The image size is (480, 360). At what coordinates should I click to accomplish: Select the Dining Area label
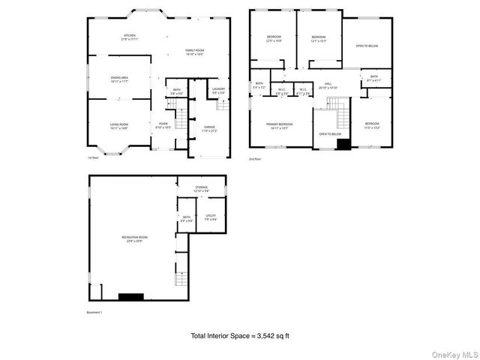click(x=119, y=78)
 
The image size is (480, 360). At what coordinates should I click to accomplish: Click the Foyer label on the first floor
click(x=163, y=125)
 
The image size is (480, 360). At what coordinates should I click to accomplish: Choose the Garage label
click(x=209, y=128)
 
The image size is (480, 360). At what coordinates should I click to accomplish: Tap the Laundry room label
click(x=218, y=90)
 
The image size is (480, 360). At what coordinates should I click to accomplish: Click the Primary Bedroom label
click(x=279, y=124)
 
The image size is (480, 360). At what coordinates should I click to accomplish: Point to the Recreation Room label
click(x=135, y=238)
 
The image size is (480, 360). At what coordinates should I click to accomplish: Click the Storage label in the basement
click(x=201, y=188)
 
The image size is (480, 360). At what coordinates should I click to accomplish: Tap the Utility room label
click(x=211, y=217)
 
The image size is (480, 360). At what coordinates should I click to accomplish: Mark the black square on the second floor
click(x=343, y=144)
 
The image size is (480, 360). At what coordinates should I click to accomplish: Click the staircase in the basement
click(x=181, y=279)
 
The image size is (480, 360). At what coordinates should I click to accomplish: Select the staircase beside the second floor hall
click(x=343, y=115)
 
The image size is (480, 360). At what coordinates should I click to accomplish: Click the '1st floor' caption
click(x=94, y=158)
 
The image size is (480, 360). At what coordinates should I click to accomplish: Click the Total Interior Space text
click(x=239, y=335)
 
